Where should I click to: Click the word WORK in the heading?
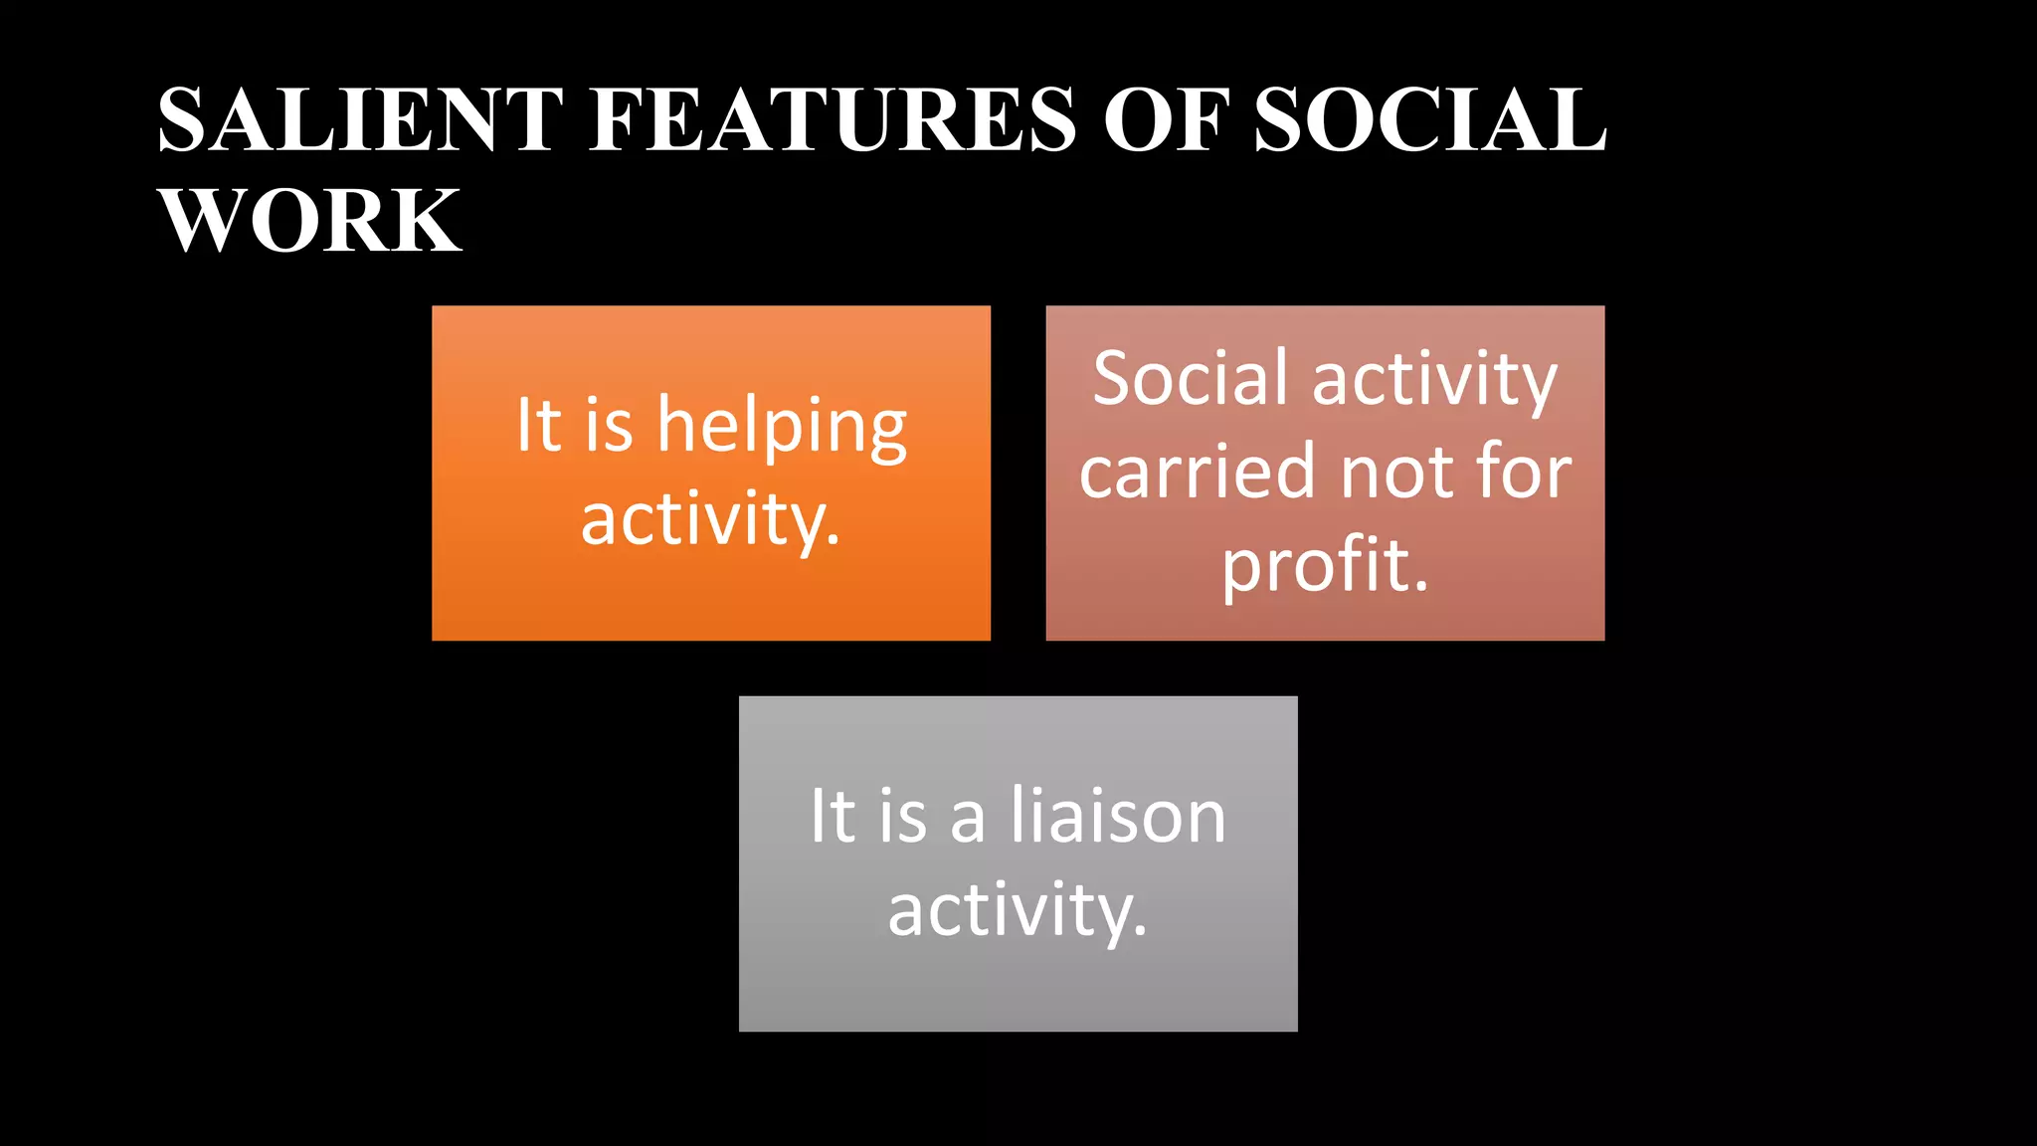310,221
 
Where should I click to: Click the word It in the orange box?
538,426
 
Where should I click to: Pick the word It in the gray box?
832,817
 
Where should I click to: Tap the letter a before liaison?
968,821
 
